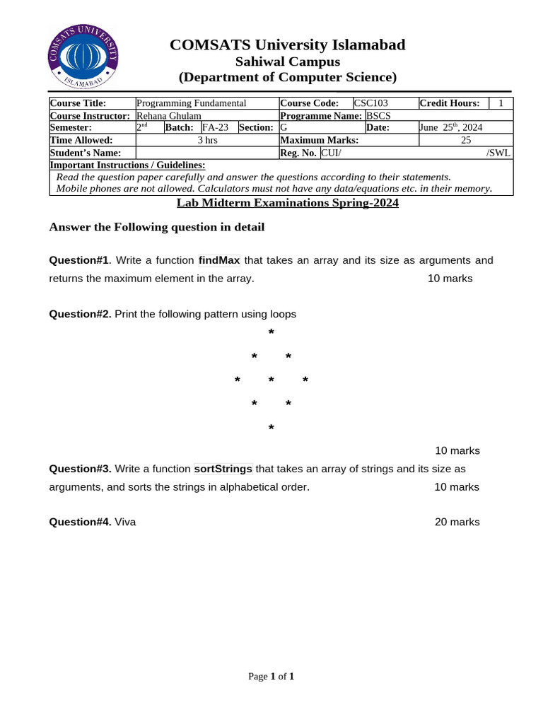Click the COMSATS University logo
point(82,57)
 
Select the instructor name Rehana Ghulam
point(168,116)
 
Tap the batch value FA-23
point(215,128)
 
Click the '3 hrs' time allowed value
point(206,141)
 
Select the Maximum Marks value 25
point(466,141)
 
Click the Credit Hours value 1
point(501,103)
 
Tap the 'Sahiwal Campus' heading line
point(287,62)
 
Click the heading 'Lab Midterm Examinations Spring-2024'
point(287,203)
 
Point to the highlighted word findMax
point(219,260)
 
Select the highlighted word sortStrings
point(223,469)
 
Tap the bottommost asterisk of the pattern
point(271,428)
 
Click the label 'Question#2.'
point(80,314)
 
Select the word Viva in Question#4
point(125,522)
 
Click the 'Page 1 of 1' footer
point(271,677)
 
